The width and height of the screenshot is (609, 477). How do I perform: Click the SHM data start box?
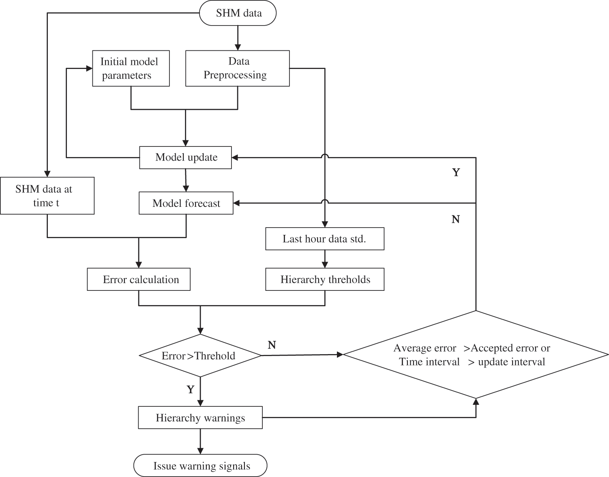238,13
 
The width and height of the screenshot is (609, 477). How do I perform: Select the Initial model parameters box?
131,68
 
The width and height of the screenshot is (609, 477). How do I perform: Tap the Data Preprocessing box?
237,68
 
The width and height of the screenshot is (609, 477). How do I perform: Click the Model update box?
186,157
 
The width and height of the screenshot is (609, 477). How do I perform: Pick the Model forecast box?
186,203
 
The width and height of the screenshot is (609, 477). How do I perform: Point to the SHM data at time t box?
47,196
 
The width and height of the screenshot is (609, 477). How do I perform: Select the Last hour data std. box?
324,238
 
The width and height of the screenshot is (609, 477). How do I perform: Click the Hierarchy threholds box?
324,279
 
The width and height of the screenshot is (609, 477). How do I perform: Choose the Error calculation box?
139,279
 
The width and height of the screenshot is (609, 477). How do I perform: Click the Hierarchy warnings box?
200,418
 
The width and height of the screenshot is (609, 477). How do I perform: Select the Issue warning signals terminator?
200,466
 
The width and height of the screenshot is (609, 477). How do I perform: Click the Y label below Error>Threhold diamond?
191,390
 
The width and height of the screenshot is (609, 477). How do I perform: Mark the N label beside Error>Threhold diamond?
272,345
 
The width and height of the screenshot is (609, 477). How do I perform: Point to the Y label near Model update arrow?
456,172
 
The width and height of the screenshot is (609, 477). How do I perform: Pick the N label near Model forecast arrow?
456,219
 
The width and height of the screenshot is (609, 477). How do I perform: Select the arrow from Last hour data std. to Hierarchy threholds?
324,259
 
